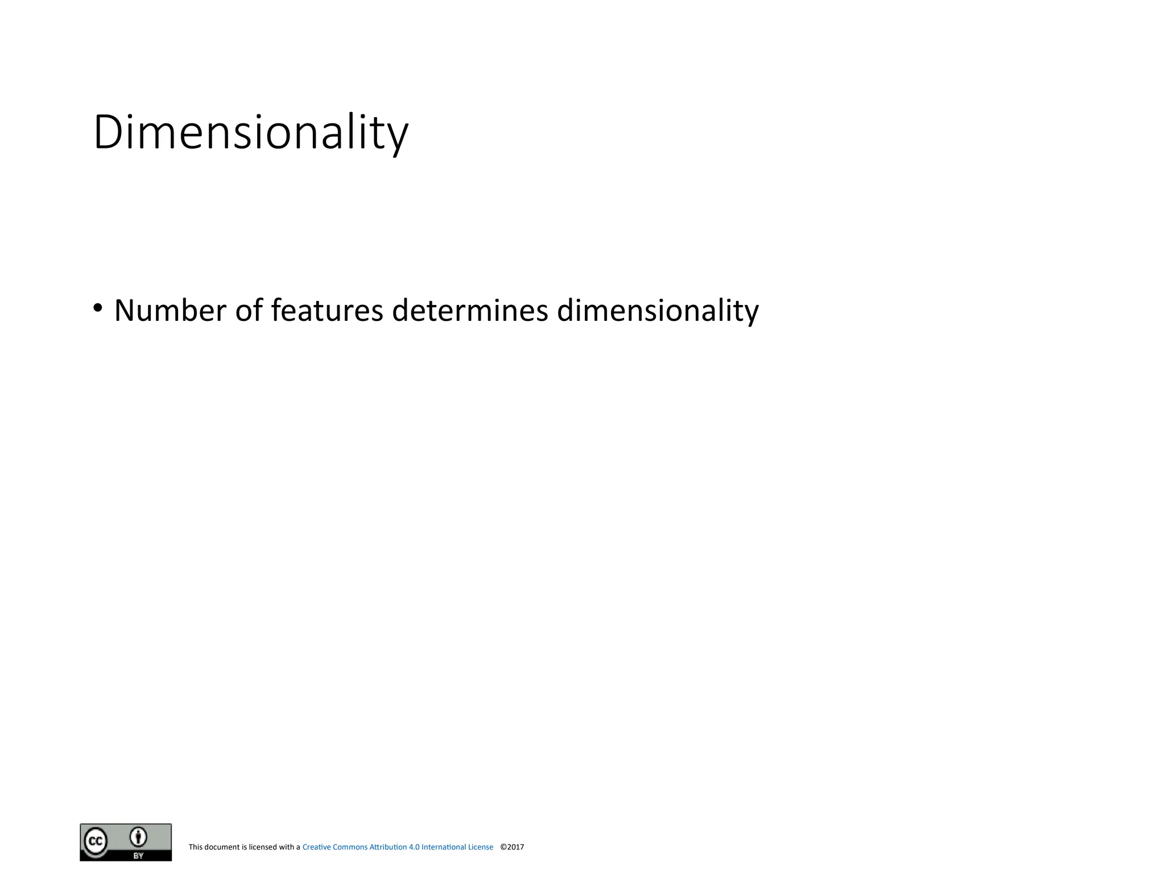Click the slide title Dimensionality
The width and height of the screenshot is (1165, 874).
[x=250, y=133]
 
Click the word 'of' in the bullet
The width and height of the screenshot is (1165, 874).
[x=249, y=311]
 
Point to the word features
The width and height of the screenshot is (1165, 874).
[x=327, y=311]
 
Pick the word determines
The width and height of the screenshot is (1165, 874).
[x=470, y=311]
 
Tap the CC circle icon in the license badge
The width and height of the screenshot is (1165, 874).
[x=96, y=841]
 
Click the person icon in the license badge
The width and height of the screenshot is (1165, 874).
[x=138, y=837]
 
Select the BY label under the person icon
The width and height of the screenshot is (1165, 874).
[x=138, y=855]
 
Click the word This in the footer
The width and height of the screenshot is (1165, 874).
[x=195, y=847]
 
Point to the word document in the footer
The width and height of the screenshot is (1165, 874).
[x=222, y=847]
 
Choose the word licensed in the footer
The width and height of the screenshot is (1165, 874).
[x=263, y=847]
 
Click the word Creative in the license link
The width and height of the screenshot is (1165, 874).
[x=316, y=847]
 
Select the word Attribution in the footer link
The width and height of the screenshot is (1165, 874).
[x=388, y=847]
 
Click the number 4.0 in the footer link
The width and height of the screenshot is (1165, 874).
[x=414, y=847]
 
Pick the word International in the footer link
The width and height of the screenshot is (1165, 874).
[x=444, y=847]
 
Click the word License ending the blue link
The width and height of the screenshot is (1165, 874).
[x=481, y=847]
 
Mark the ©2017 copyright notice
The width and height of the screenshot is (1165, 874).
[x=512, y=847]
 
